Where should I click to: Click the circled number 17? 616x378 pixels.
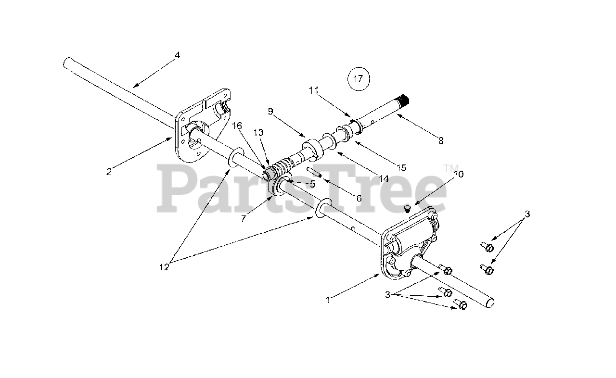click(359, 79)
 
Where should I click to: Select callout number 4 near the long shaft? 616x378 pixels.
click(177, 55)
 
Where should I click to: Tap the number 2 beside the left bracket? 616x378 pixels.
click(109, 172)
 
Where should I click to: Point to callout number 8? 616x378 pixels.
click(441, 141)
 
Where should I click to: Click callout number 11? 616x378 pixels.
click(314, 89)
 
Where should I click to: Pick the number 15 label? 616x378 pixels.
click(402, 167)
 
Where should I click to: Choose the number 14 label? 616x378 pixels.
click(384, 178)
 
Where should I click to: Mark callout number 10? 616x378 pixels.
click(458, 174)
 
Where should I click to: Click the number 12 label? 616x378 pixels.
click(165, 267)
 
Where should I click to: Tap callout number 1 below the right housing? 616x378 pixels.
click(328, 300)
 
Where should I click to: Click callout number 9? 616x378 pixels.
click(270, 112)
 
